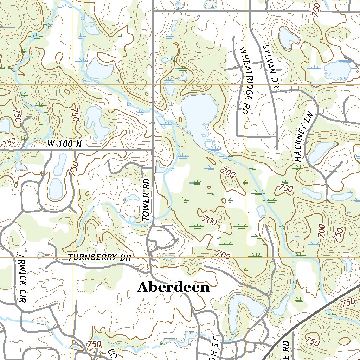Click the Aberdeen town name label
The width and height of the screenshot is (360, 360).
point(173,287)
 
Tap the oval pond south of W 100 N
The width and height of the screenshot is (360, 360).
point(56,188)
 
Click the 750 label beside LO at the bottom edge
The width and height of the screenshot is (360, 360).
point(93,343)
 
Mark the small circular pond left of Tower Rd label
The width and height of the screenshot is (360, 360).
point(132,220)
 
